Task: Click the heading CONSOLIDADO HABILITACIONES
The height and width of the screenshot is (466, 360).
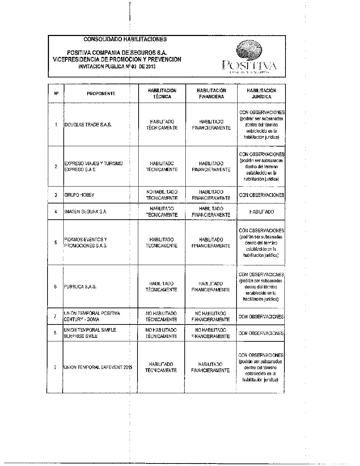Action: point(125,39)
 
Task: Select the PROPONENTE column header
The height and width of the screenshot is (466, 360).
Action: point(101,94)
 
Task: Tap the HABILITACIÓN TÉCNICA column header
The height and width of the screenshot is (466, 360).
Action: point(162,94)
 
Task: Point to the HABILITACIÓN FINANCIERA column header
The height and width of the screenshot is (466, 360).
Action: point(211,94)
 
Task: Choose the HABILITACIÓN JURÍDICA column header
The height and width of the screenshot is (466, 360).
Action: point(261,94)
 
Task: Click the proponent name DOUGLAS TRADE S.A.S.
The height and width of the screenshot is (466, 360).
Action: point(88,125)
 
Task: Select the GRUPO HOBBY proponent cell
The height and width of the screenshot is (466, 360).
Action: point(79,195)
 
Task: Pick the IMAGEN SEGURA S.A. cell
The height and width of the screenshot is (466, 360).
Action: point(85,212)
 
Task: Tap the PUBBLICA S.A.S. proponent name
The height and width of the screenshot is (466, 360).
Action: point(80,287)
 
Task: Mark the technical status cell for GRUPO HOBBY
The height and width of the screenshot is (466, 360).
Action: point(162,195)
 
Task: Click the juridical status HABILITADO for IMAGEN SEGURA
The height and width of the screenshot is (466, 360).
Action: point(261,212)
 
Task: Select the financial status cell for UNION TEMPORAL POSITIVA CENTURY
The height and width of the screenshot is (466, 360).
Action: point(211,316)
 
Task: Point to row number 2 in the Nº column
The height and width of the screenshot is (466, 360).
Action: point(56,166)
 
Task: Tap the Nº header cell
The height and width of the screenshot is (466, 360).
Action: point(56,94)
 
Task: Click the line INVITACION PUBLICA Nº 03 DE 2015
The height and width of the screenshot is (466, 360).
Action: point(117,67)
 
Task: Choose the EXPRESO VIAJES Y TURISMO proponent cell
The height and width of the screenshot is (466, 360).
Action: point(93,166)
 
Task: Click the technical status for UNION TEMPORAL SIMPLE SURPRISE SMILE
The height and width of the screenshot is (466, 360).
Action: point(161,333)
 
